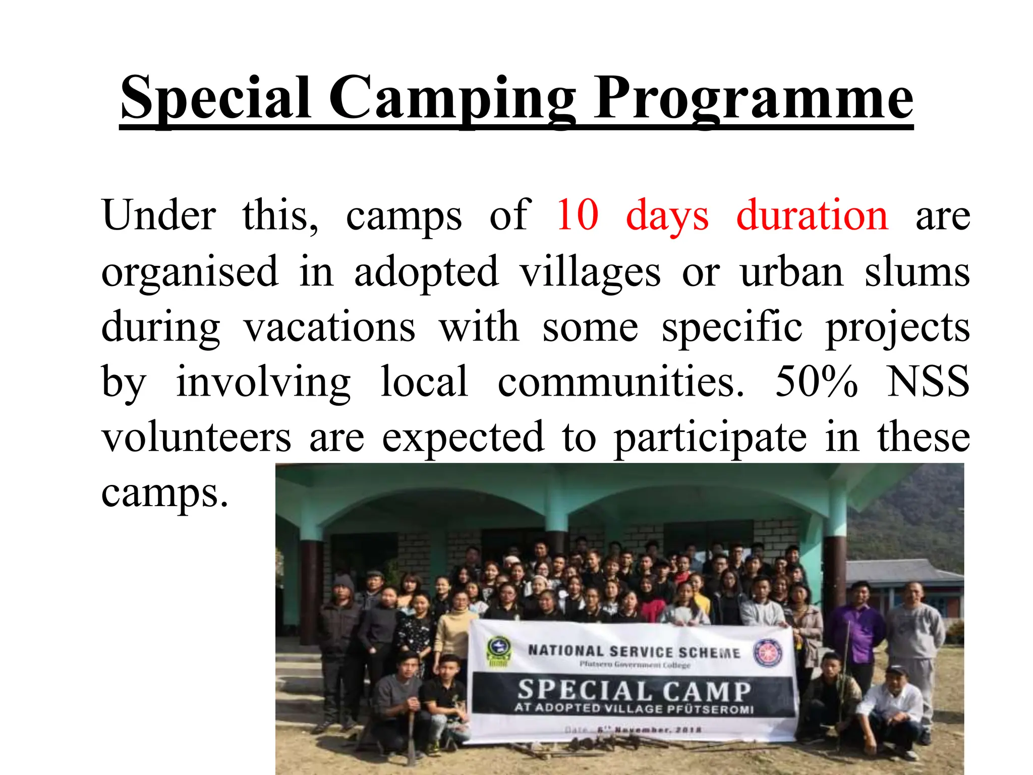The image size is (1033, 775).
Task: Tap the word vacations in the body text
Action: (330, 327)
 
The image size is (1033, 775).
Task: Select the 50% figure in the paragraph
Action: (816, 381)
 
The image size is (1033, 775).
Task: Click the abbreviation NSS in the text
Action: (928, 381)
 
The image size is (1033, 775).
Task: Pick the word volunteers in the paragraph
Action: (196, 437)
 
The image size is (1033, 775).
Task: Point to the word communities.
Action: (620, 381)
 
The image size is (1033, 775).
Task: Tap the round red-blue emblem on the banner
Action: (767, 652)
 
